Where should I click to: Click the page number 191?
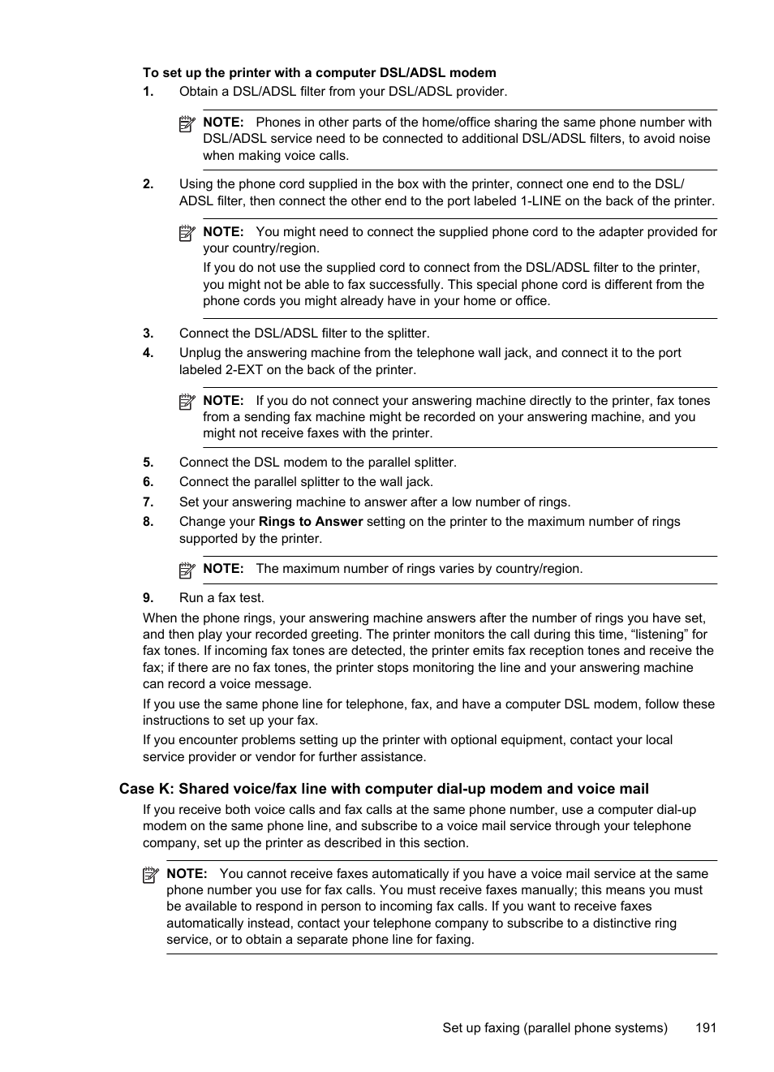tap(705, 1027)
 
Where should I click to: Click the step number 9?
tap(148, 598)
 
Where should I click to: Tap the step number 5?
tap(148, 463)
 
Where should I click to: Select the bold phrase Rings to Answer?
tap(311, 522)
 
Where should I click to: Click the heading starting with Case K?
tap(384, 789)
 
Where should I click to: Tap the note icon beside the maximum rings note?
tap(187, 570)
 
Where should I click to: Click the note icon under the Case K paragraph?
tap(151, 875)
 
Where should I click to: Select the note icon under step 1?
tap(187, 123)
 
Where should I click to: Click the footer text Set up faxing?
tap(555, 1027)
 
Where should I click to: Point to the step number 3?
tap(148, 334)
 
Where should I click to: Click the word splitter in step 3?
tap(408, 334)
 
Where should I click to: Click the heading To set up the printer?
tap(319, 73)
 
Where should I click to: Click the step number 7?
tap(148, 502)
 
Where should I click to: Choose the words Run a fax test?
tap(221, 598)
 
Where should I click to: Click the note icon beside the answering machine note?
tap(187, 402)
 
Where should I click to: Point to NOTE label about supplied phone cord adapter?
tap(223, 232)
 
